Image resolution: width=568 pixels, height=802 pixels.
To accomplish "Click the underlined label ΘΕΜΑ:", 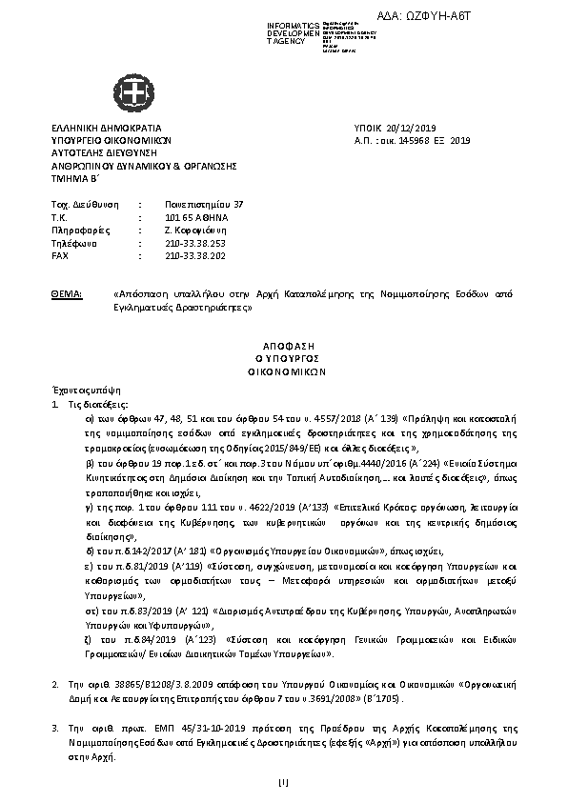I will (67, 295).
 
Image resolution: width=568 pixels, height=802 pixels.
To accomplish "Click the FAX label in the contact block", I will (60, 256).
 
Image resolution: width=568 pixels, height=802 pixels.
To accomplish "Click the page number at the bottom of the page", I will (283, 784).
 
